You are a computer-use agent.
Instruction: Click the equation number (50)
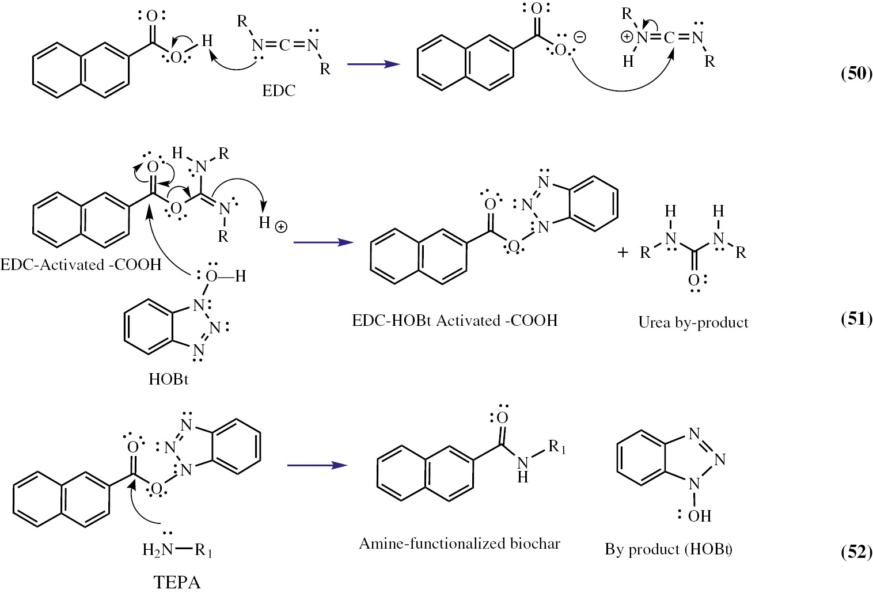[x=856, y=73]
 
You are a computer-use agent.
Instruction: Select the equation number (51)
[x=856, y=318]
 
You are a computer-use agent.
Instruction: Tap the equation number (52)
[x=856, y=551]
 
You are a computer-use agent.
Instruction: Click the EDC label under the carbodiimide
[x=279, y=90]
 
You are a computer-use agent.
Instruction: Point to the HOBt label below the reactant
[x=168, y=379]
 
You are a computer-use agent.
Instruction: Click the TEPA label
[x=177, y=582]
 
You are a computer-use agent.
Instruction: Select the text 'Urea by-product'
[x=693, y=322]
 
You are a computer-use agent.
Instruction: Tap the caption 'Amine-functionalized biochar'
[x=459, y=543]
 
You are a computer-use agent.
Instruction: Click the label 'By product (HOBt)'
[x=668, y=549]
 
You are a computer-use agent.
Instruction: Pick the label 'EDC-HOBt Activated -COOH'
[x=454, y=320]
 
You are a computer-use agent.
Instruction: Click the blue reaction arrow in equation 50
[x=373, y=64]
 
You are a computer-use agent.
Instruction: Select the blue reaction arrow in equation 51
[x=323, y=242]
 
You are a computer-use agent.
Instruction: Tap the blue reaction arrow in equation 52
[x=317, y=465]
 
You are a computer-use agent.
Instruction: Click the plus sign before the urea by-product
[x=623, y=252]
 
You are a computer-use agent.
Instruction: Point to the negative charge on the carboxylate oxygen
[x=580, y=37]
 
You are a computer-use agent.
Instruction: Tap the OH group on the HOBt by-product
[x=699, y=515]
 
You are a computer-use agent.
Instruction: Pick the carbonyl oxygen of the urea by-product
[x=693, y=280]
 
